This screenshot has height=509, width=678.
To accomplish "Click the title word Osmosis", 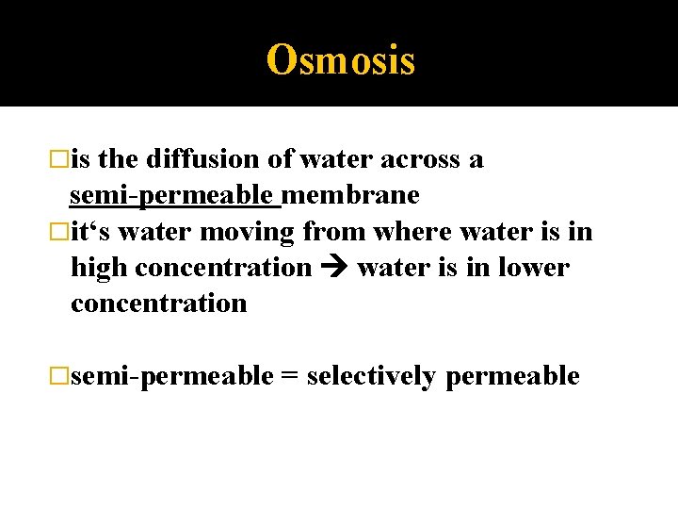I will [340, 59].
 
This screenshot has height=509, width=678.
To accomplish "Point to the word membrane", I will [350, 195].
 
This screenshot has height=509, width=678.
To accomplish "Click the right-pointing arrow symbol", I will [333, 268].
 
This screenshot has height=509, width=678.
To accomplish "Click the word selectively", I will [371, 376].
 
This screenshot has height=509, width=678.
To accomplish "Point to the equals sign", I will [290, 376].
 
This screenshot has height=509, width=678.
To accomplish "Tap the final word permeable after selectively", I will [512, 376].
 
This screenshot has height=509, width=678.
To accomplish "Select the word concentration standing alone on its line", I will [158, 303].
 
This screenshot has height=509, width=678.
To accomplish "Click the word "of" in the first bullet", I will [281, 159].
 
